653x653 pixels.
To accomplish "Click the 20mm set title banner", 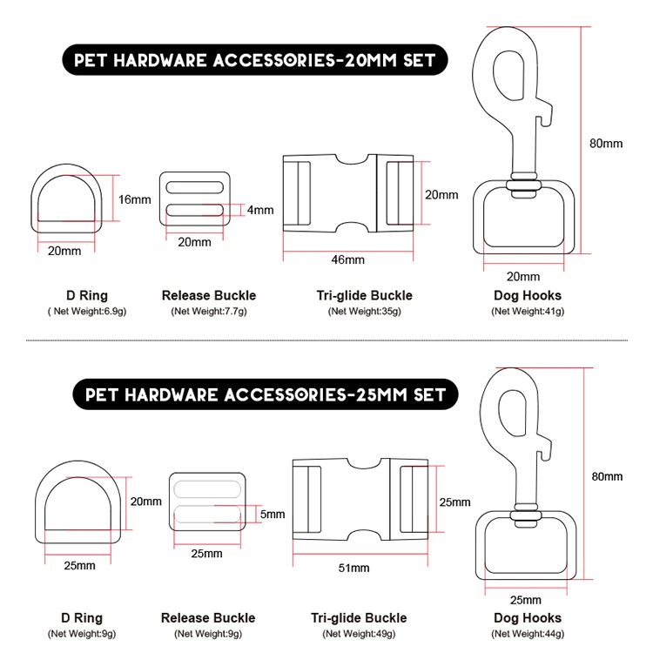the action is [253, 62].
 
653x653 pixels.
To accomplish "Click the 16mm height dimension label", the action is [134, 199].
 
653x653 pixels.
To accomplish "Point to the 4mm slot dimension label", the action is [259, 210].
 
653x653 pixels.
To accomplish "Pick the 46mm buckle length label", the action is [348, 259].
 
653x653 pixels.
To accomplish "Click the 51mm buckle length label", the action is [353, 568].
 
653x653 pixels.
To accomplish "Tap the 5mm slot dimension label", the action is [272, 515].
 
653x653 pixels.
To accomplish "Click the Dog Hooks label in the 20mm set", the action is [528, 296].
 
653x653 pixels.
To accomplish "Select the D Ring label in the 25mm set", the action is [78, 618].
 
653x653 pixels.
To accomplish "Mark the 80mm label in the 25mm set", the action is [607, 476].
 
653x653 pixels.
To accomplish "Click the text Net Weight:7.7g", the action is [209, 311].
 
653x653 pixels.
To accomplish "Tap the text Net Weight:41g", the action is [528, 311].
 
